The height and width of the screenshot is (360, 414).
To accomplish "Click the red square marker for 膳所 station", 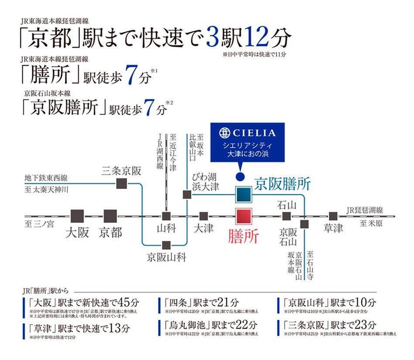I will [244, 217].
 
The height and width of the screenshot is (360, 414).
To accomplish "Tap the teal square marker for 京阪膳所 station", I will [244, 194].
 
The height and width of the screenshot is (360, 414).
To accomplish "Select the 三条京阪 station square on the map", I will [122, 184].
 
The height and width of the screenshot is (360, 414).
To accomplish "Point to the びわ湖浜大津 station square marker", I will [187, 194].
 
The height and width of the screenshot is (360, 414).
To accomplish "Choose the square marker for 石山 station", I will [286, 216].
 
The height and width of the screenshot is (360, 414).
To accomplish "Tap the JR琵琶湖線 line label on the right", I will [365, 210].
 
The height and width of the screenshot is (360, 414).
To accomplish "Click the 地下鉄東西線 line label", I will [46, 178].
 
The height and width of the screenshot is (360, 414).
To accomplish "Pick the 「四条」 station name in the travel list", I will [177, 302].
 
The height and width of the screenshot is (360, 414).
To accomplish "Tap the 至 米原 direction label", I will [371, 223].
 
